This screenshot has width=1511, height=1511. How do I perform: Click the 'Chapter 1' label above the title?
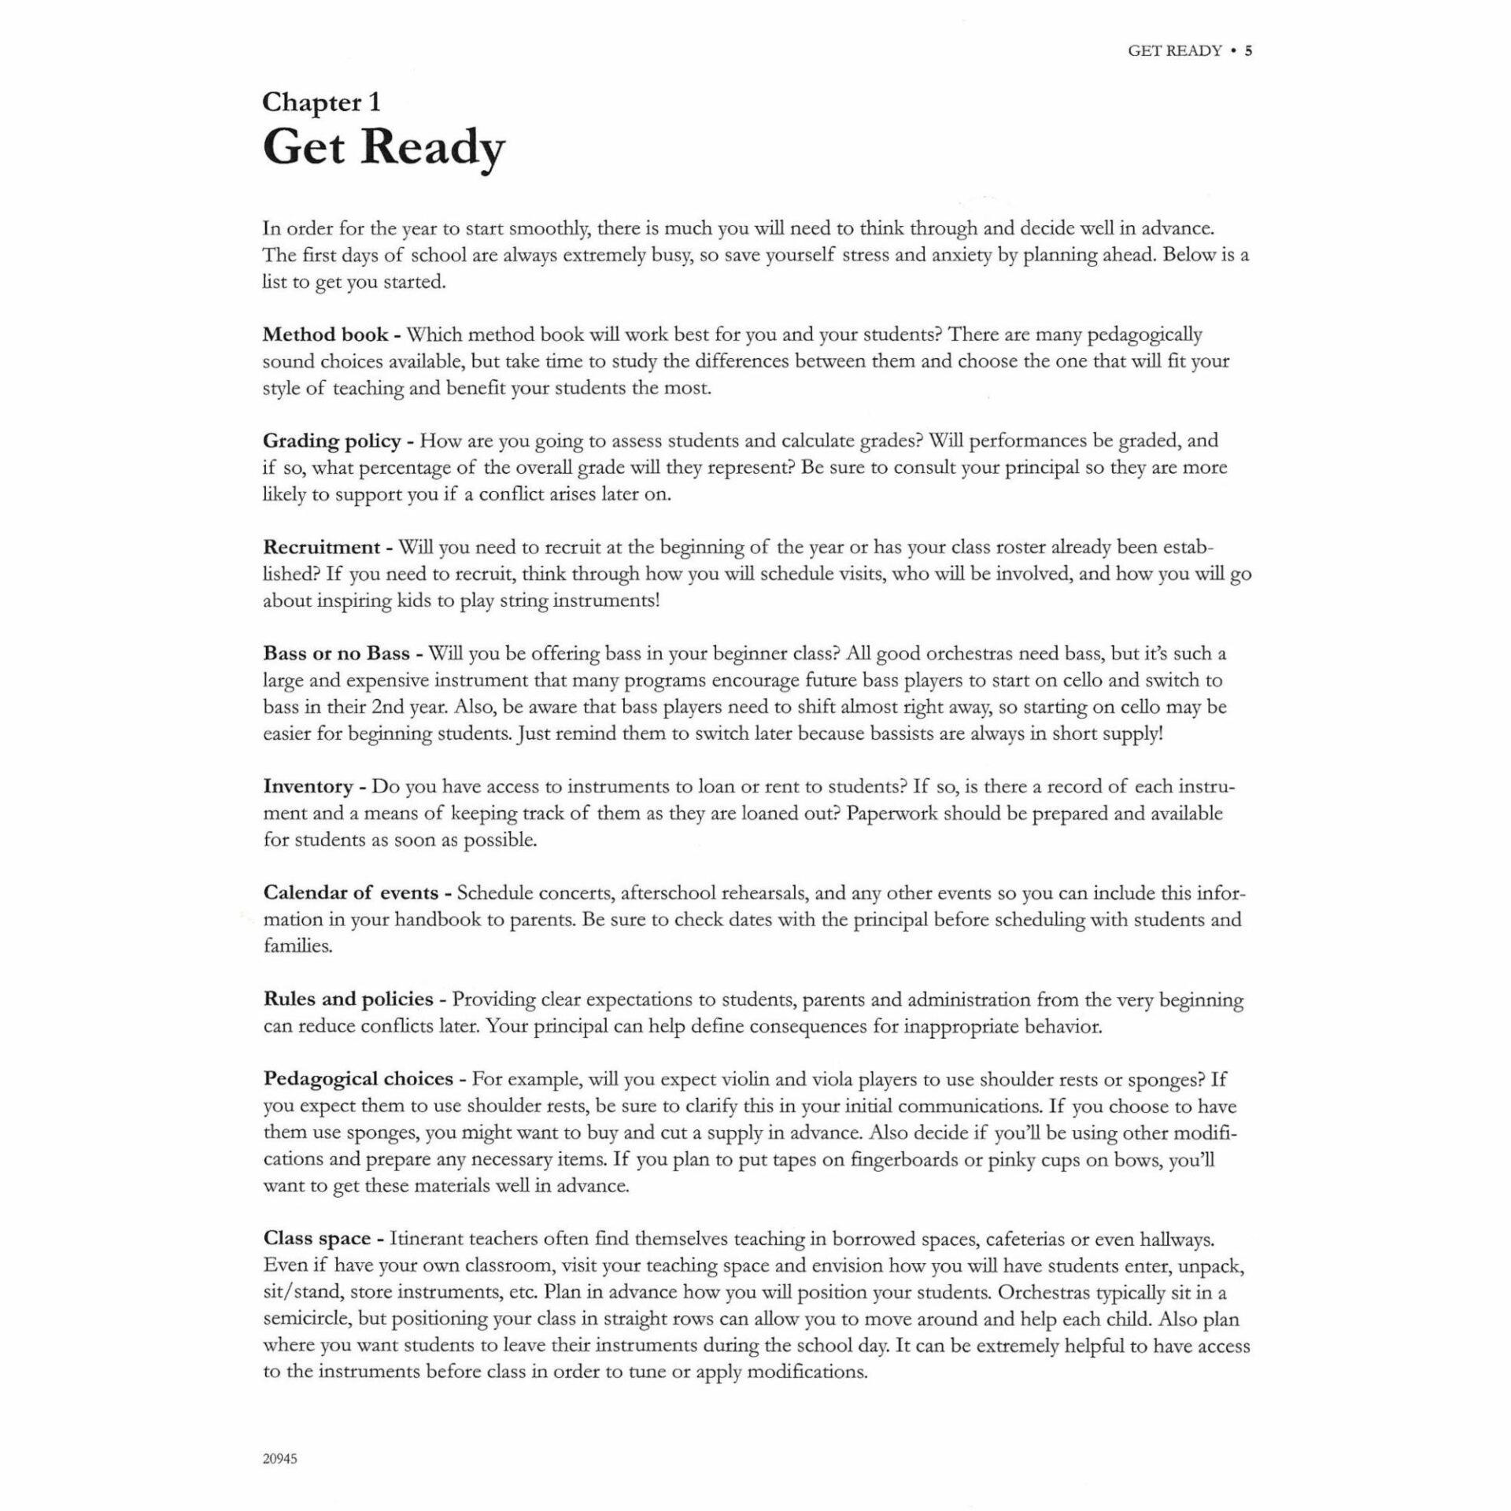(x=321, y=102)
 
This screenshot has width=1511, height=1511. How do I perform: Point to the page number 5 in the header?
(x=1248, y=51)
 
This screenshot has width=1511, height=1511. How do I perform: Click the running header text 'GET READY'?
(x=1174, y=51)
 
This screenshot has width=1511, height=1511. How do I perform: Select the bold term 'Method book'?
(x=325, y=334)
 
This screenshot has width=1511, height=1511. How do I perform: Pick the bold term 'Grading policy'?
(x=332, y=441)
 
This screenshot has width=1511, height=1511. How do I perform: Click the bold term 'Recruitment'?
(x=322, y=547)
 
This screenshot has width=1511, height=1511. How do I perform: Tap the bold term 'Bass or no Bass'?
(x=336, y=653)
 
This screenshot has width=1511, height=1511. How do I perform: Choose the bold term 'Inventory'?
(x=308, y=786)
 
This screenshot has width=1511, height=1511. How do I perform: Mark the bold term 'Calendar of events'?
(x=350, y=892)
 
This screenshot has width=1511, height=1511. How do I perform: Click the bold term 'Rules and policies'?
(x=348, y=999)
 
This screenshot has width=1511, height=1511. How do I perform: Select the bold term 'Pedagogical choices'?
(x=358, y=1079)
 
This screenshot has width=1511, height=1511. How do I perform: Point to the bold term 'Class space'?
(x=316, y=1238)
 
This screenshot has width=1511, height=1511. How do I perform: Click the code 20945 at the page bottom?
(x=280, y=1459)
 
